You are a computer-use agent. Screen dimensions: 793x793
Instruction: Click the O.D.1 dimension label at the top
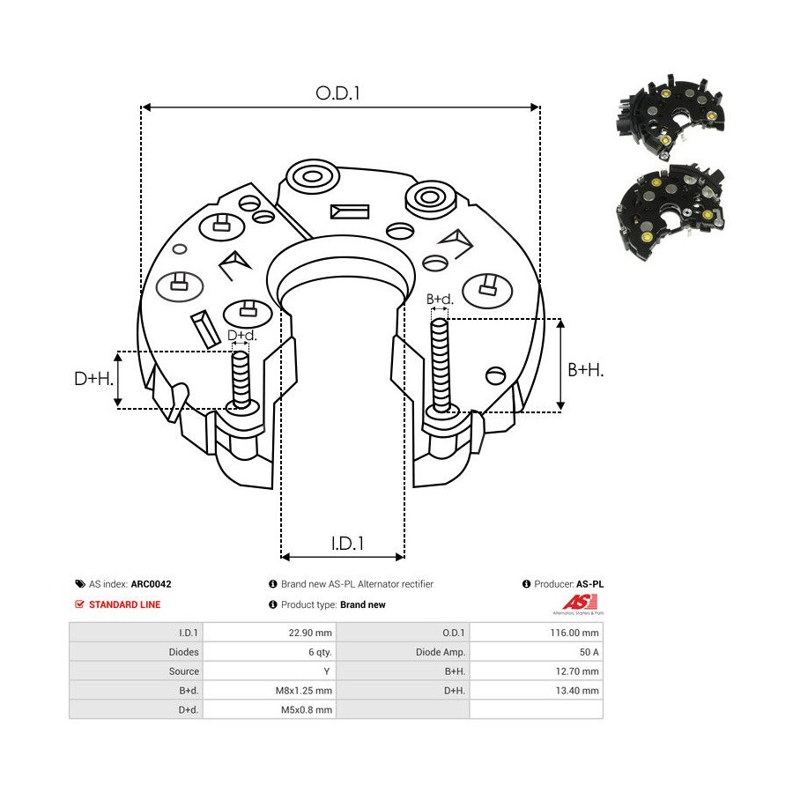[x=337, y=93]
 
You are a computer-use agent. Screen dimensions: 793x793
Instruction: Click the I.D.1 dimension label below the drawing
[x=347, y=544]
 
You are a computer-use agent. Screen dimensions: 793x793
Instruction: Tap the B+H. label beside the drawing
[x=586, y=370]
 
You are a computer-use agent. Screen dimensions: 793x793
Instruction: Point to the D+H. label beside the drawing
[x=94, y=378]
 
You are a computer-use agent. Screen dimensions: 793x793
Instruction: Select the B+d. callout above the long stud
[x=440, y=300]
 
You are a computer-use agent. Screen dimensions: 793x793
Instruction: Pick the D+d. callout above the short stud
[x=242, y=336]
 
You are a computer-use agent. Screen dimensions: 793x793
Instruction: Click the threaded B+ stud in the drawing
[x=441, y=365]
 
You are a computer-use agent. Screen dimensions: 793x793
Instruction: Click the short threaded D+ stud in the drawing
[x=241, y=380]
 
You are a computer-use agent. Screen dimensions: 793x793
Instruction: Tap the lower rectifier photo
[x=671, y=211]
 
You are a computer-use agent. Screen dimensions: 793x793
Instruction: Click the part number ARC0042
[x=151, y=584]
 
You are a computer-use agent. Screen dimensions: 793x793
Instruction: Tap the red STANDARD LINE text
[x=124, y=604]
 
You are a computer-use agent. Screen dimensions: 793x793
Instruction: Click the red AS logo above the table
[x=580, y=603]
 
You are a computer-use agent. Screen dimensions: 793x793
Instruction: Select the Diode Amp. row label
[x=440, y=652]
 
